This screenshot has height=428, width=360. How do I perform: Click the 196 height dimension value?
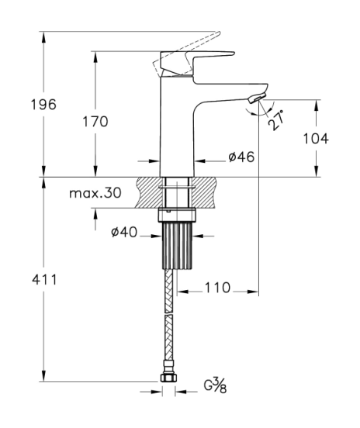pyautogui.click(x=43, y=105)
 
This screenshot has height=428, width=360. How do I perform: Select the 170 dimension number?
pyautogui.click(x=95, y=122)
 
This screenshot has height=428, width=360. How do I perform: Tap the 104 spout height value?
pyautogui.click(x=316, y=139)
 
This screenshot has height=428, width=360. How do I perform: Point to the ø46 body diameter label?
pyautogui.click(x=241, y=157)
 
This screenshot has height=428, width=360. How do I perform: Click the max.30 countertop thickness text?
pyautogui.click(x=95, y=193)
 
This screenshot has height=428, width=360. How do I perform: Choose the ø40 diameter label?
pyautogui.click(x=124, y=233)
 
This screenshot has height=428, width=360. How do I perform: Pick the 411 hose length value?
pyautogui.click(x=44, y=280)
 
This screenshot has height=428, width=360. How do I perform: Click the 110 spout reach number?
pyautogui.click(x=218, y=288)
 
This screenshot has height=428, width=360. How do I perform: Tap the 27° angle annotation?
pyautogui.click(x=275, y=120)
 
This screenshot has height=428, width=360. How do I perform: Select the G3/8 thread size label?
pyautogui.click(x=215, y=385)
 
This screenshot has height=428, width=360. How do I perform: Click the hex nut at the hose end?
pyautogui.click(x=168, y=378)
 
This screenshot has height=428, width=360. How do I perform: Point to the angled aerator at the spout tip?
pyautogui.click(x=257, y=98)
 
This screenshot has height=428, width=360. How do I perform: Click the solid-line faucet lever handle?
pyautogui.click(x=196, y=64)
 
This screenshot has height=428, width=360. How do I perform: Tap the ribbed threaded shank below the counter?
pyautogui.click(x=177, y=245)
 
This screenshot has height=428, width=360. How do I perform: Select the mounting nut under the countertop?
pyautogui.click(x=177, y=215)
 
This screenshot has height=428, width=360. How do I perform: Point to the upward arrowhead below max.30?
pyautogui.click(x=95, y=214)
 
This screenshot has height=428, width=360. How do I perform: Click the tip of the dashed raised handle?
pyautogui.click(x=219, y=33)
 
